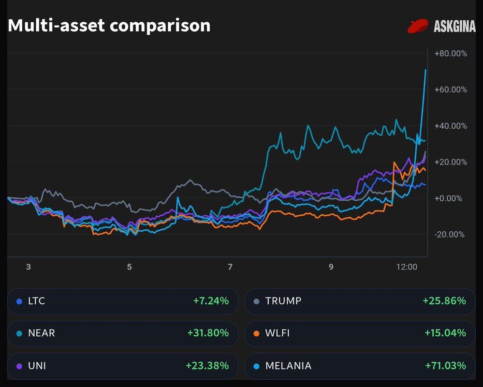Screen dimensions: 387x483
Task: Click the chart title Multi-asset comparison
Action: pyautogui.click(x=109, y=25)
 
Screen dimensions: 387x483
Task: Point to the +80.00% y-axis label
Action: pyautogui.click(x=451, y=54)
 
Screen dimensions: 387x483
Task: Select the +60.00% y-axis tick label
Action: pyautogui.click(x=451, y=89)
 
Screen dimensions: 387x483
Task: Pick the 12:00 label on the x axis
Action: pyautogui.click(x=407, y=267)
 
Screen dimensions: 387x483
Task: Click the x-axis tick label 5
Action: pyautogui.click(x=129, y=267)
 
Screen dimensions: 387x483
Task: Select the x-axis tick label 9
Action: pyautogui.click(x=331, y=267)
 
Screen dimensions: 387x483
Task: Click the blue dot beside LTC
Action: pyautogui.click(x=19, y=301)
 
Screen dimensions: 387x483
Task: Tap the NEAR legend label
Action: pyautogui.click(x=42, y=333)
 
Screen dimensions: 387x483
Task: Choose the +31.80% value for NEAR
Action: pyautogui.click(x=208, y=333)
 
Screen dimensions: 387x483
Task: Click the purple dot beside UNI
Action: pyautogui.click(x=19, y=366)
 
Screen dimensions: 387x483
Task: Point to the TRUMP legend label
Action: pyautogui.click(x=283, y=301)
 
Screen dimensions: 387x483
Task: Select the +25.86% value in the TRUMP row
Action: pyautogui.click(x=444, y=301)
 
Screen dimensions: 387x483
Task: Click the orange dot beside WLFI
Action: pyautogui.click(x=256, y=334)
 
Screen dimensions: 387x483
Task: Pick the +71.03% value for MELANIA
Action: pyautogui.click(x=444, y=366)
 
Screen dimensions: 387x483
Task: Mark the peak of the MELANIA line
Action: pyautogui.click(x=425, y=70)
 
